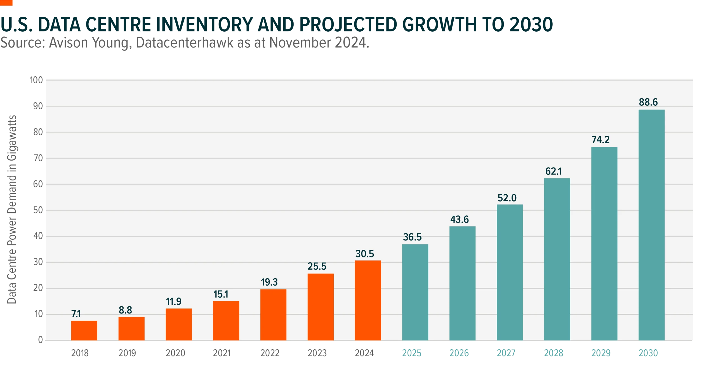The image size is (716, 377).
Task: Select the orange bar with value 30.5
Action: click(x=368, y=300)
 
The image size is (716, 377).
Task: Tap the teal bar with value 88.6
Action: click(x=651, y=225)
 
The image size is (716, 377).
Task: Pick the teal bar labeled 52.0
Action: click(x=510, y=272)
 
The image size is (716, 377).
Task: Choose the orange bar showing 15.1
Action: click(x=226, y=321)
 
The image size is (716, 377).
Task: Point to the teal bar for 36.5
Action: click(x=415, y=292)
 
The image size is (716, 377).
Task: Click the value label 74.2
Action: click(x=600, y=140)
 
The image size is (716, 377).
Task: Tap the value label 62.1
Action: click(x=553, y=171)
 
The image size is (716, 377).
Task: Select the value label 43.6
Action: click(x=459, y=220)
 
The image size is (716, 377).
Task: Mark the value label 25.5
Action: click(x=317, y=266)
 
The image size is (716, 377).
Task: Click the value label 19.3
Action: click(x=269, y=282)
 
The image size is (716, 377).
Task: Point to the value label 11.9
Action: click(x=173, y=301)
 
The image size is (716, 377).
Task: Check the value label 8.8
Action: click(x=125, y=310)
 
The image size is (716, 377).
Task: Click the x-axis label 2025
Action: click(x=411, y=354)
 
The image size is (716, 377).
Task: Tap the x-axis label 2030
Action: click(x=648, y=354)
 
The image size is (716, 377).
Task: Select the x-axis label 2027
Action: click(x=506, y=354)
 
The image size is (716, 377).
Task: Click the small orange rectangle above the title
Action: click(x=6, y=3)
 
